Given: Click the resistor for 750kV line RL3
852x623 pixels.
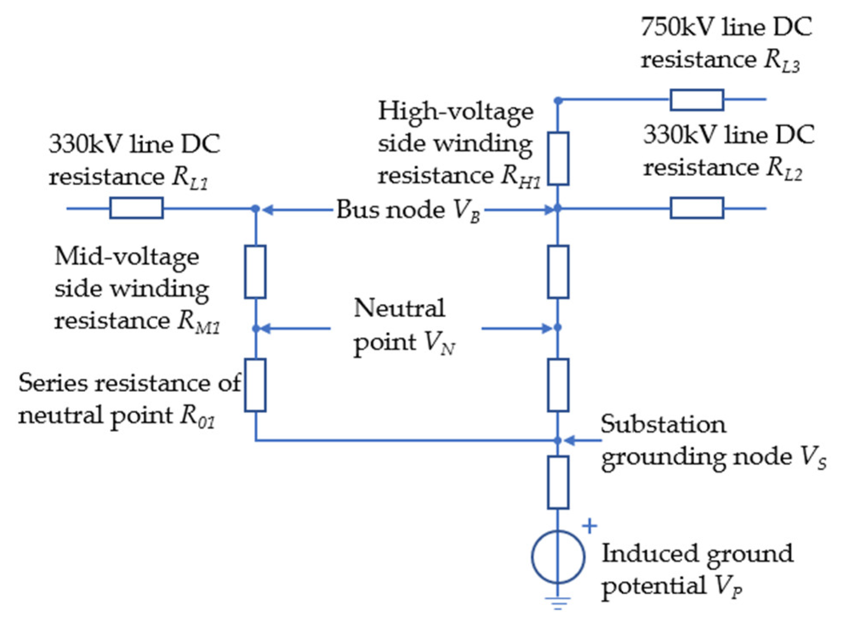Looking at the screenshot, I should tap(696, 100).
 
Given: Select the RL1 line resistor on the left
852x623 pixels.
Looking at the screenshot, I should tap(136, 208).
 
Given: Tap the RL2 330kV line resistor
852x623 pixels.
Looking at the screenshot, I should tap(696, 208).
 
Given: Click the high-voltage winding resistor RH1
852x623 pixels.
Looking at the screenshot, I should tap(558, 159).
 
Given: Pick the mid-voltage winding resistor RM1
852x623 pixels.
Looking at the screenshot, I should tap(255, 272).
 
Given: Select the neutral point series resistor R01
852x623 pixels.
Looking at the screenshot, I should tap(255, 385).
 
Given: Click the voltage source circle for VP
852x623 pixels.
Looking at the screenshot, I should tap(558, 556).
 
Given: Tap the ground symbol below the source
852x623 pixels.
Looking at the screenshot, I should tap(558, 603).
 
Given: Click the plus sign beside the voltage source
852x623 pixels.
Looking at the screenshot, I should tap(589, 526).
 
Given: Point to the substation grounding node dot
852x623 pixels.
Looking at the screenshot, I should tap(558, 441).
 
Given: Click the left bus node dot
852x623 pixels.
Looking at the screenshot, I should tap(255, 208).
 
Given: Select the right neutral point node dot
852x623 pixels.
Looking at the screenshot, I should tap(558, 328).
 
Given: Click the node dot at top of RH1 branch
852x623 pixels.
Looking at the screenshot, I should tap(558, 101).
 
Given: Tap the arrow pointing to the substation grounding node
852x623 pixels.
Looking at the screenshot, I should tap(582, 441).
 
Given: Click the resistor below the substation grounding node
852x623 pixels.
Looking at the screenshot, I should tap(558, 482).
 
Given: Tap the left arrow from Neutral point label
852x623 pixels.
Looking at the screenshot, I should tap(295, 328).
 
